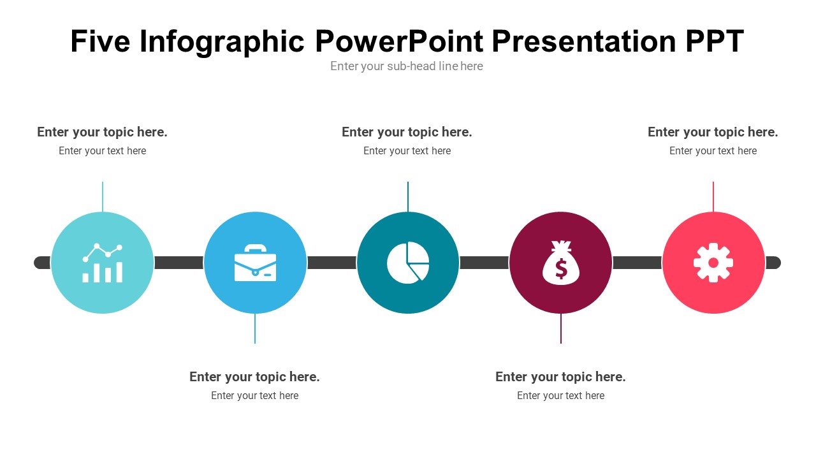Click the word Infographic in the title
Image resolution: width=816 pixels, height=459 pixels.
pos(221,42)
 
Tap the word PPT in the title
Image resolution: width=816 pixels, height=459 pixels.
pos(715,41)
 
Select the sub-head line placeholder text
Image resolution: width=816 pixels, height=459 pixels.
pos(407,66)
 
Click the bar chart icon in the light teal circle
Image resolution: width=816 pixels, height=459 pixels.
pos(103,263)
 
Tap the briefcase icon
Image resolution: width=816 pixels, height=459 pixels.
pos(255,263)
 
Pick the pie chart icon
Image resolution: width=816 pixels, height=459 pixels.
pos(408,262)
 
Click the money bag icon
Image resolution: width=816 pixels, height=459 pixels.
pos(561,262)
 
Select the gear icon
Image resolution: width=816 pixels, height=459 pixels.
pos(713,263)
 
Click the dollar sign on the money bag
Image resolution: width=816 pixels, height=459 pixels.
pos(561,268)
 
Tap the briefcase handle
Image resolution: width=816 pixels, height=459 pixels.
pos(255,249)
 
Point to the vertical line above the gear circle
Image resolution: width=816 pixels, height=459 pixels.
pos(713,197)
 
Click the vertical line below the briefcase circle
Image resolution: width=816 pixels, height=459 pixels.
pos(255,328)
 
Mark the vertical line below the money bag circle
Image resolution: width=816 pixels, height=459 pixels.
pos(561,328)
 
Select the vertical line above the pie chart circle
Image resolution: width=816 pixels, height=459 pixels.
pos(408,197)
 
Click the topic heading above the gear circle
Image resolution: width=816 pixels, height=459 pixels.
pos(713,132)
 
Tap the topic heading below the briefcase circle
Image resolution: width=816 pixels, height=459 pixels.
pos(254,377)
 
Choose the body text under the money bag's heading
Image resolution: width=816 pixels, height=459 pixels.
pos(560,396)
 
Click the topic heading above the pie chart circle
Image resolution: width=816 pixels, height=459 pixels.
pos(407,132)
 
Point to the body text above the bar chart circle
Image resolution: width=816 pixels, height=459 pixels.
pos(103,151)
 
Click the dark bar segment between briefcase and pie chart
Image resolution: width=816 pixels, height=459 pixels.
pos(332,263)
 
